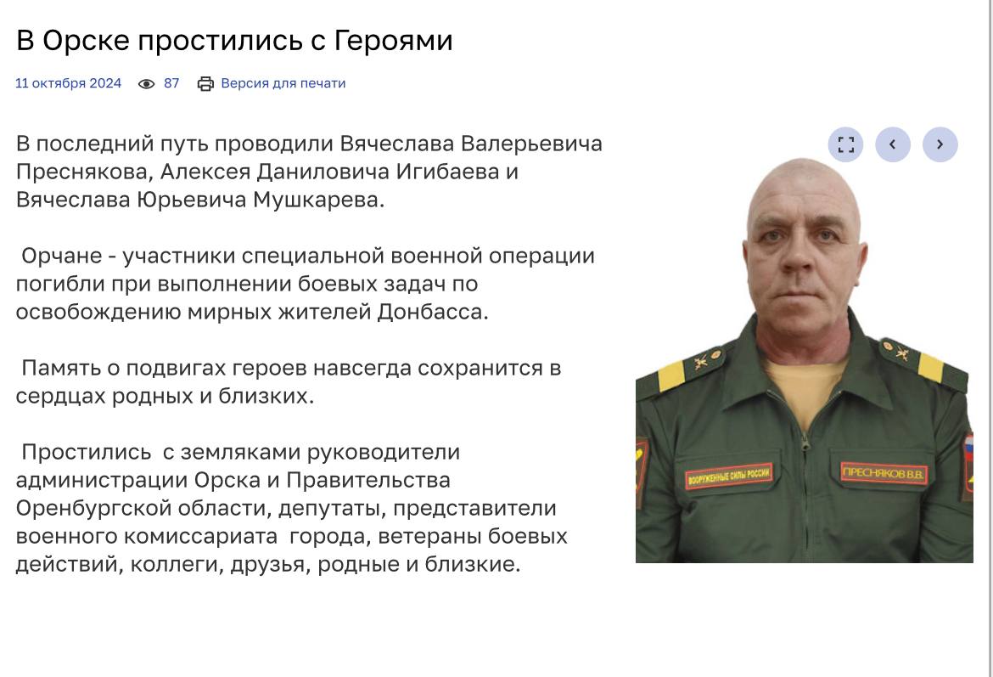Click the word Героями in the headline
pos(393,42)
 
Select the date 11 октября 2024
pos(69,83)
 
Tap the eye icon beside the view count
pos(146,84)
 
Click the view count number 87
pos(171,83)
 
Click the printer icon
pos(206,84)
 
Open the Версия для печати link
pos(283,83)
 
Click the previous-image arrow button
pos(893,144)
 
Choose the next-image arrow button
pos(940,144)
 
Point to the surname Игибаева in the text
pos(448,172)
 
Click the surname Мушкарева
pos(318,200)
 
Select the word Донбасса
pos(433,312)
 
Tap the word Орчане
pos(61,256)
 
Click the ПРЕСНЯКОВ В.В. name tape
pos(884,473)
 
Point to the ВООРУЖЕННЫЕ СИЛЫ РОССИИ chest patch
pos(729,476)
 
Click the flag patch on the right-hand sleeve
pos(968,465)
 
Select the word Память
pos(70,368)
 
